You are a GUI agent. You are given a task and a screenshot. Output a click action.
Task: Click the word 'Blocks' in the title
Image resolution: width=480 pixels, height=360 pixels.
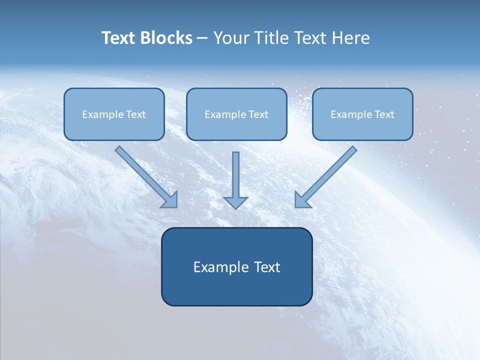(x=165, y=38)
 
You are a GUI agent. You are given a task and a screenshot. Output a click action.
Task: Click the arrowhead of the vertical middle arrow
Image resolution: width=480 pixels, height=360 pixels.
(x=235, y=202)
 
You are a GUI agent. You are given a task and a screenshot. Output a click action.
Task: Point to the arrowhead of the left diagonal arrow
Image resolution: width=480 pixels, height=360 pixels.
(x=170, y=200)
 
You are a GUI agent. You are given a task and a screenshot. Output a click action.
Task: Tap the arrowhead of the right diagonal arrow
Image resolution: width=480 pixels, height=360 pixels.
(x=301, y=200)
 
